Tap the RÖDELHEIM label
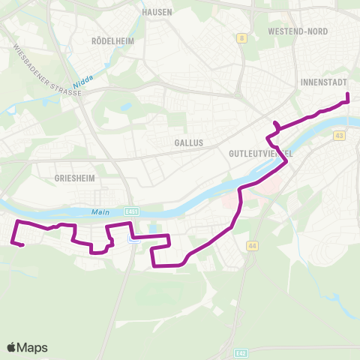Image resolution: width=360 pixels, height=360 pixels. pos(112,40)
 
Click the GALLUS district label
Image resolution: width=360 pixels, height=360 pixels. pos(187,142)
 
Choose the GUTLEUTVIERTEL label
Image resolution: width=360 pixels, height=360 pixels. pos(259,152)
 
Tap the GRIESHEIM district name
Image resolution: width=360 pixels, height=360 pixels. pos(73,179)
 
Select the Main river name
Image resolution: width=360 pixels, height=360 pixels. pos(100,211)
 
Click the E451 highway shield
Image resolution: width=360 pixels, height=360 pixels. pos(133,212)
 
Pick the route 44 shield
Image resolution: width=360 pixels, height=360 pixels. pos(251,245)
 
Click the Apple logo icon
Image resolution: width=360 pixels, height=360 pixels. pos(12,347)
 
